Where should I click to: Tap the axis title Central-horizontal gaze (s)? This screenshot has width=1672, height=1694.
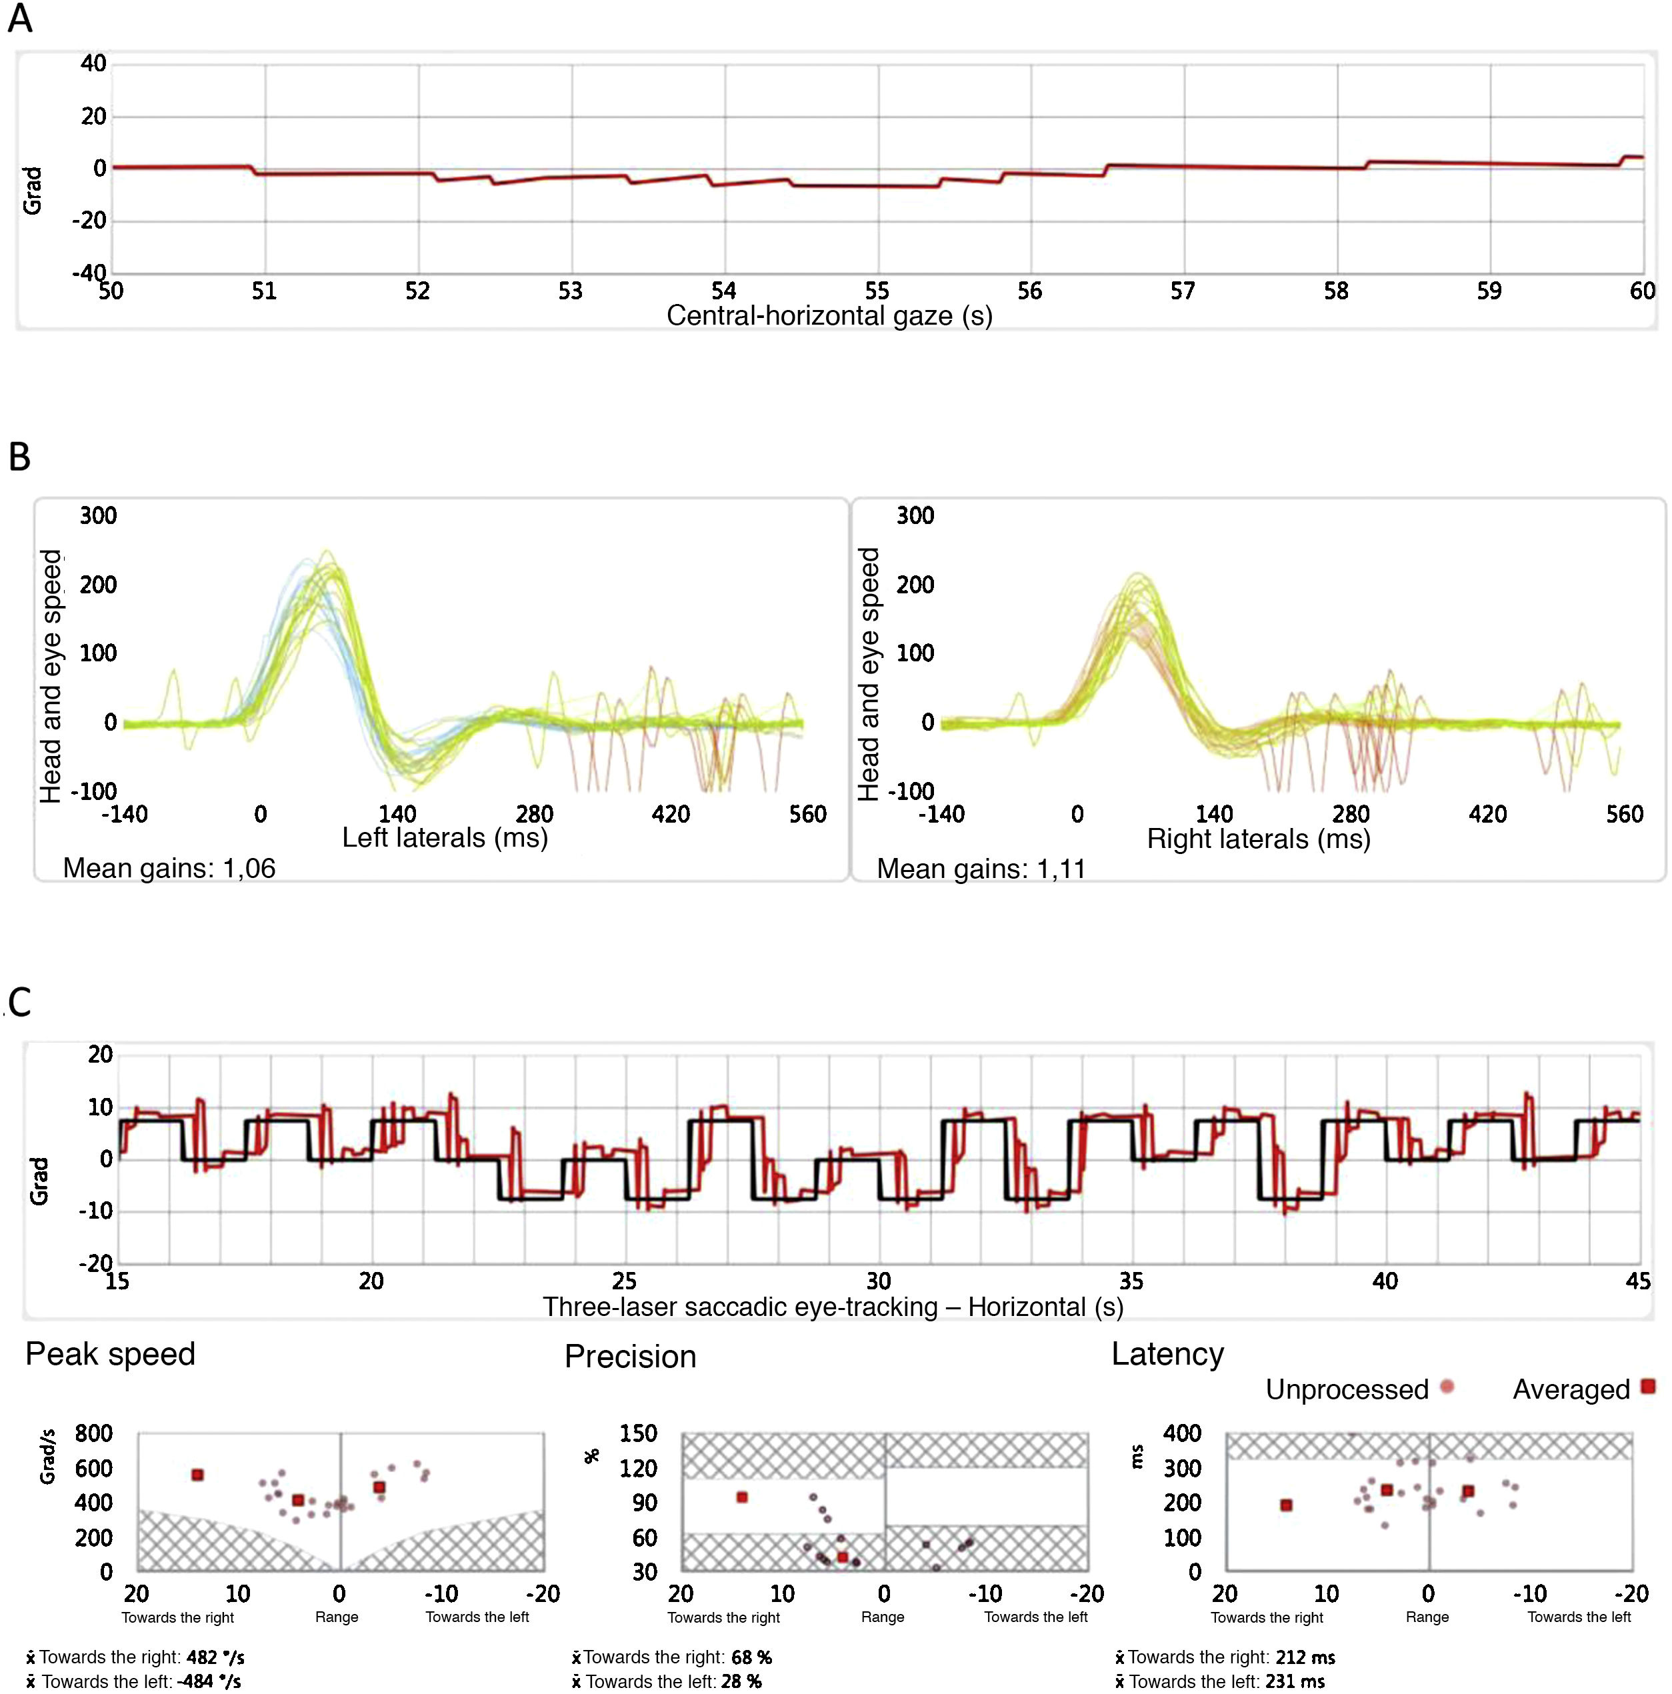click(x=829, y=315)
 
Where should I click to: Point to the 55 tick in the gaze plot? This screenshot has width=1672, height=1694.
click(x=877, y=291)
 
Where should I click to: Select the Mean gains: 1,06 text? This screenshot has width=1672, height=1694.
click(x=169, y=868)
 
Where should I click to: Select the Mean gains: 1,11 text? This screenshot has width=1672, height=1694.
click(x=981, y=869)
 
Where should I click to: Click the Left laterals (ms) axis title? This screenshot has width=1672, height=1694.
click(x=445, y=837)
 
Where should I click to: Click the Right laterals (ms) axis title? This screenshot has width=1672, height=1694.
click(x=1258, y=839)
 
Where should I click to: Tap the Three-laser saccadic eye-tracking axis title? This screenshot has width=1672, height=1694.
click(x=832, y=1307)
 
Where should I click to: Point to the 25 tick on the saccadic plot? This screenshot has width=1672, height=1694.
click(x=624, y=1281)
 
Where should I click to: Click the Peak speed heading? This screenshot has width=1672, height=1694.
click(x=111, y=1355)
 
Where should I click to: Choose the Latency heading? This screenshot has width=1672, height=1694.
click(x=1167, y=1355)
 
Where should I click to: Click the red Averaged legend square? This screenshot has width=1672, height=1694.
click(x=1647, y=1386)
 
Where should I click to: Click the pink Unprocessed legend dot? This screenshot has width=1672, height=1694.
click(x=1447, y=1386)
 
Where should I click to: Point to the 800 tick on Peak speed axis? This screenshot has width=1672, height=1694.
click(x=94, y=1433)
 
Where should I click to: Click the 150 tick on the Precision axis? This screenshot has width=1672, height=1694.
click(x=637, y=1433)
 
